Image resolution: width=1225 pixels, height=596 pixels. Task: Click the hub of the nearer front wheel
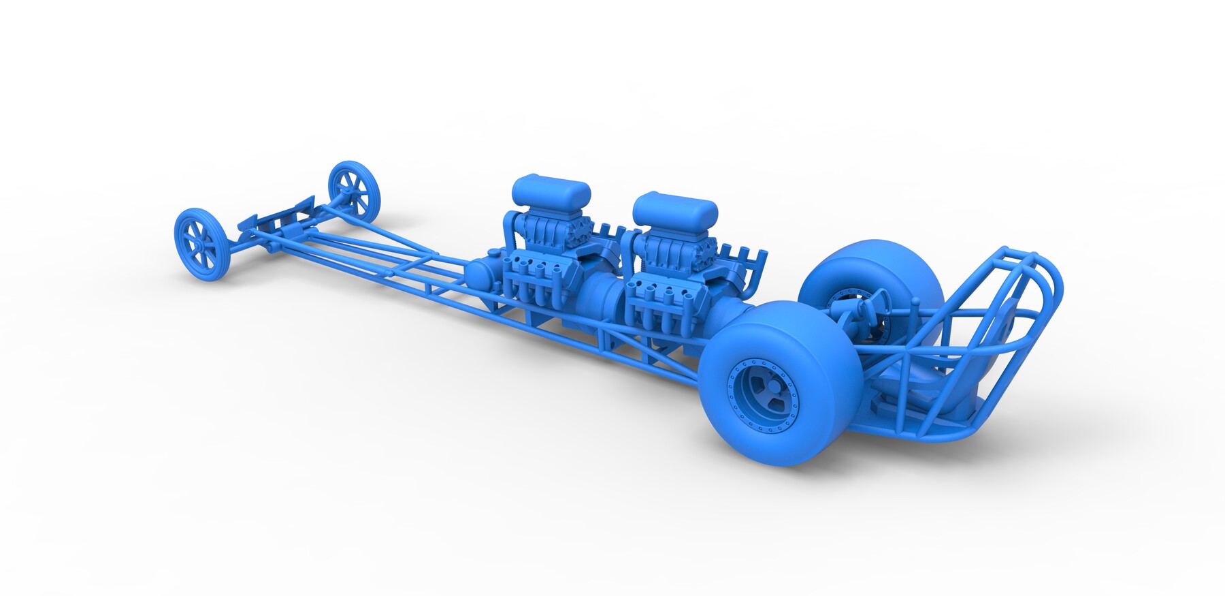(x=203, y=241)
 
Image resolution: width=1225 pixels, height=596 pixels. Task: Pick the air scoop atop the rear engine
(x=674, y=208)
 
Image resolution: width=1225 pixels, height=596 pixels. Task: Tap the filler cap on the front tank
(x=492, y=254)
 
